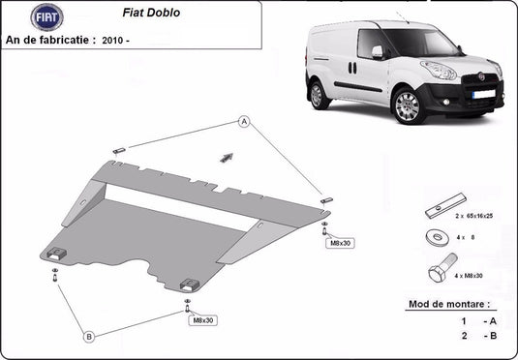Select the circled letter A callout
[x=244, y=122]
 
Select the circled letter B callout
[x=89, y=337]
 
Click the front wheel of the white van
[x=409, y=105]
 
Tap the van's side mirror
[x=378, y=50]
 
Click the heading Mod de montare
[x=448, y=304]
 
